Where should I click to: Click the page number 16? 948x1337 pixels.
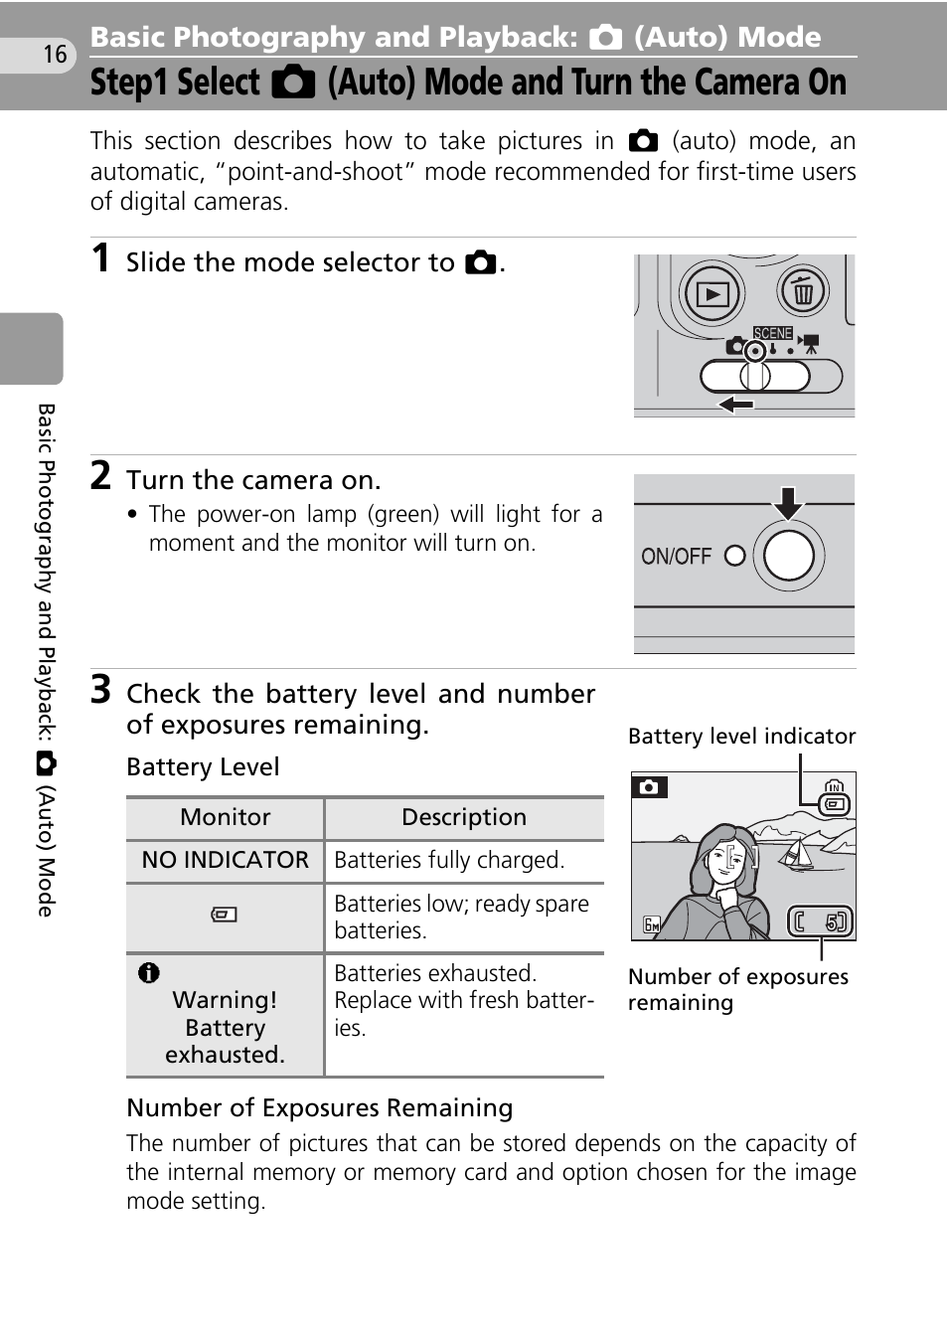(x=55, y=54)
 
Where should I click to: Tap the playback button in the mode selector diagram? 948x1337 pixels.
(x=712, y=293)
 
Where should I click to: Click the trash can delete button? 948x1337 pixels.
(x=803, y=292)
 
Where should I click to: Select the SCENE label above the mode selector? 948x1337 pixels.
(x=773, y=333)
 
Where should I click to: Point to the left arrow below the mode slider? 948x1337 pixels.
(x=736, y=405)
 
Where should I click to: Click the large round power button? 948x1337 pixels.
(x=789, y=556)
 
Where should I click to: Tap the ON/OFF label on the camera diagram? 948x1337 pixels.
(x=677, y=557)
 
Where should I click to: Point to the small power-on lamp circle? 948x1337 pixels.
(x=734, y=556)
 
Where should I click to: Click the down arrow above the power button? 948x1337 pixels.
(x=788, y=503)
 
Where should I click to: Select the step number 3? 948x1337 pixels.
(x=100, y=689)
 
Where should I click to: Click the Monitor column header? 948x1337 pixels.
(x=226, y=817)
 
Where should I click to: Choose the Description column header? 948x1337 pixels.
(x=464, y=817)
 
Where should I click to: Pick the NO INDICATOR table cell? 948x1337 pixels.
(x=226, y=860)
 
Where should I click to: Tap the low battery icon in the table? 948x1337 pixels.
(x=225, y=915)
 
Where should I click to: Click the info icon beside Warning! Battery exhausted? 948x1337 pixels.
(x=149, y=973)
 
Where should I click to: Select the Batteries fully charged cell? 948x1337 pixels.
(x=449, y=860)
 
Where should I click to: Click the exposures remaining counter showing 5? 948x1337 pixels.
(x=821, y=922)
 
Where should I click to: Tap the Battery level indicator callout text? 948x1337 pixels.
(x=741, y=736)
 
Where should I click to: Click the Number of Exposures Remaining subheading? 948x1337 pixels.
(x=320, y=1107)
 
